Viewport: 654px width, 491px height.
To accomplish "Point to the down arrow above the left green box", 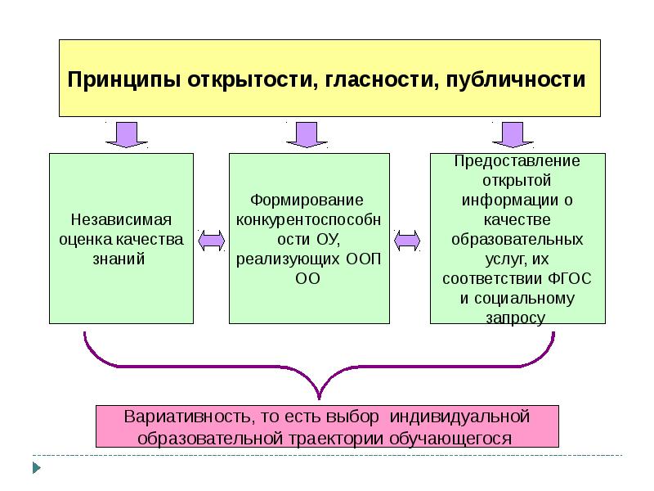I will (x=127, y=135).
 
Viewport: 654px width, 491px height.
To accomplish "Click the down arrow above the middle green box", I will (x=307, y=135).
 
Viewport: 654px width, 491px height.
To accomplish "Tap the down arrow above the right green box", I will (x=513, y=135).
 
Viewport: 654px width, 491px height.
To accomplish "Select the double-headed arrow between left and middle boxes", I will (x=212, y=239).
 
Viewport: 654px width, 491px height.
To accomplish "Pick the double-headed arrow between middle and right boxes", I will (x=406, y=239).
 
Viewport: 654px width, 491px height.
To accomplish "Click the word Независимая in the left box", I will (x=121, y=221).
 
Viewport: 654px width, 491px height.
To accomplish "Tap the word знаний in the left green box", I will (x=121, y=259).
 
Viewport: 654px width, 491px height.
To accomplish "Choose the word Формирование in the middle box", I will (x=307, y=200).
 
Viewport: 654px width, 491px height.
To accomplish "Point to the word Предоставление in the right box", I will (x=517, y=161).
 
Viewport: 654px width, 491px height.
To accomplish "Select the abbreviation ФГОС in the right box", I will (x=571, y=279).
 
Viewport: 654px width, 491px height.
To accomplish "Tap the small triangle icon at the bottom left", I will (x=35, y=468).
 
